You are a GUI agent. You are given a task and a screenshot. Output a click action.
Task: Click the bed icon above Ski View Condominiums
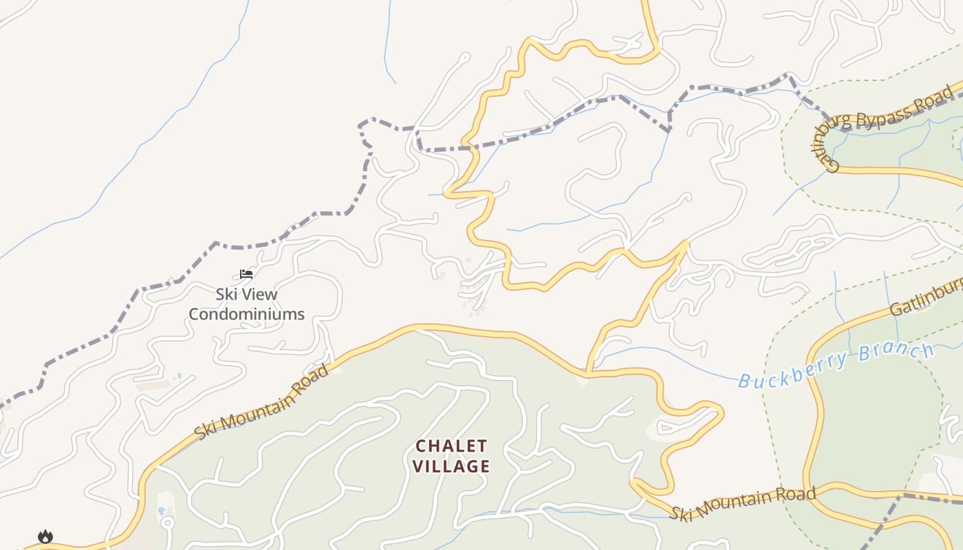tap(246, 274)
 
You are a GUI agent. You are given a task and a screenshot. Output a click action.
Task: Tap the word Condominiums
tap(246, 314)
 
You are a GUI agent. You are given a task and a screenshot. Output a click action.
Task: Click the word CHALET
tap(451, 446)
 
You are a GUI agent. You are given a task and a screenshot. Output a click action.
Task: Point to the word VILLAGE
tap(451, 466)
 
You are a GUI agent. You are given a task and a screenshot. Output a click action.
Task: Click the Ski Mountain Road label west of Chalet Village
tap(261, 403)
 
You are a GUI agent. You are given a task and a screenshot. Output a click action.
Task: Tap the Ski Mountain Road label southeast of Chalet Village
tap(743, 503)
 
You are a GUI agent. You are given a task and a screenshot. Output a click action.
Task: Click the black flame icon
tap(45, 536)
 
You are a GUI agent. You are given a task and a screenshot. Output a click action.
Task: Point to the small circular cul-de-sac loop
tap(166, 522)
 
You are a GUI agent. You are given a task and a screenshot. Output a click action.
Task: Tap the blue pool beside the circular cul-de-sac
tap(161, 511)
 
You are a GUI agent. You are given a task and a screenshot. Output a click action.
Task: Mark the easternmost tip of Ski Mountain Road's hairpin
tap(722, 412)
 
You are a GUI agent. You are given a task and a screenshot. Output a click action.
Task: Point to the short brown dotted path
tap(799, 300)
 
